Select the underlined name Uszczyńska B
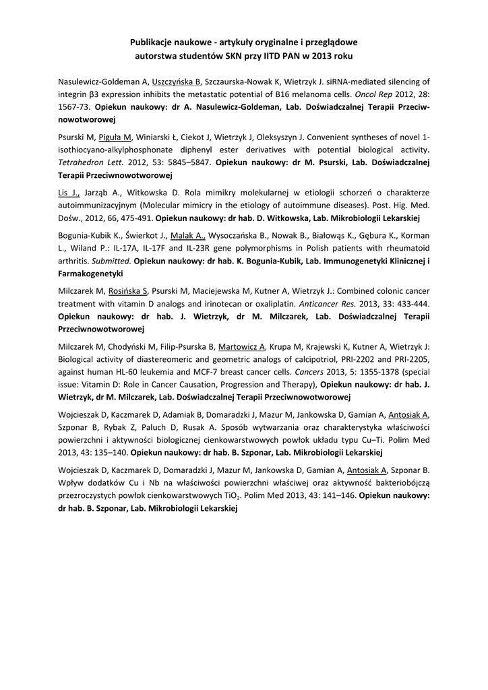click(177, 82)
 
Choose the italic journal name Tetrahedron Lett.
click(86, 162)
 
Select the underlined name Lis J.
click(69, 193)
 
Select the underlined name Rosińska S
click(128, 291)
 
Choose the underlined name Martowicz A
click(243, 346)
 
